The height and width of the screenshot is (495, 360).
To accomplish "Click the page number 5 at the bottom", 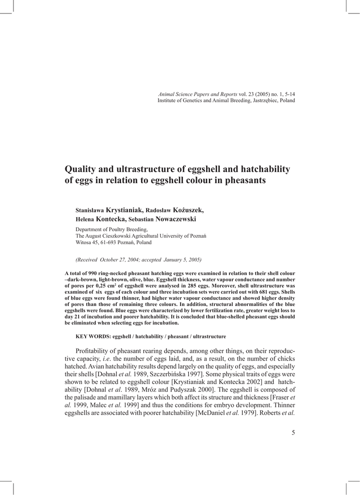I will click(x=293, y=432).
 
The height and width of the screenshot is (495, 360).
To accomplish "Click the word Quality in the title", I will click(x=81, y=169).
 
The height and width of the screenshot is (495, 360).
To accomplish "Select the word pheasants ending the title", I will click(x=242, y=181).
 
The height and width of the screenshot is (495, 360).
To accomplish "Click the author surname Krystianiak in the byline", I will click(x=124, y=210).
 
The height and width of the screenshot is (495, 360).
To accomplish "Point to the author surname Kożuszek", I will click(x=188, y=210).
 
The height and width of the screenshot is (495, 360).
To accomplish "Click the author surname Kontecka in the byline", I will click(x=111, y=219).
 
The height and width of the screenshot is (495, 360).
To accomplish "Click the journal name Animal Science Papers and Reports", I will click(x=198, y=94).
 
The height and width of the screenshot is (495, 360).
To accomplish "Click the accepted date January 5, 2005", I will click(x=182, y=260).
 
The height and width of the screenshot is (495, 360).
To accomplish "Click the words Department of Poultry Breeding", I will click(x=112, y=229).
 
